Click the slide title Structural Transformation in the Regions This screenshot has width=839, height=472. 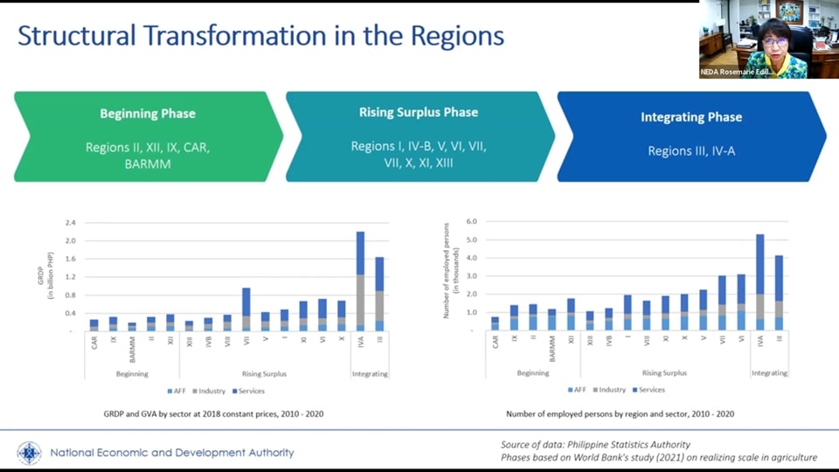coord(260,37)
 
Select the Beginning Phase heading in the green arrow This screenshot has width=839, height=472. coord(148,114)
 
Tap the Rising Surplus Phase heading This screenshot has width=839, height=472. coord(419,113)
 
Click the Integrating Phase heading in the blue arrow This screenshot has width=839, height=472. coord(691,117)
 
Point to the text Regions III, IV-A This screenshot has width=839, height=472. coord(691,151)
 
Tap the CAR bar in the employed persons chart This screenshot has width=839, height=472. coord(496,323)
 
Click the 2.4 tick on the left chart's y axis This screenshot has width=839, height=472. coord(71,223)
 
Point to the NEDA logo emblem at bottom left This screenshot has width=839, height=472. coord(29,453)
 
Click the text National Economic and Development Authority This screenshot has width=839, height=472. coord(172,453)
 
